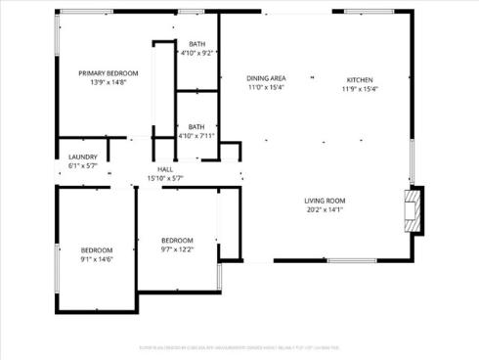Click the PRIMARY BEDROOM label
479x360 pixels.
click(x=108, y=73)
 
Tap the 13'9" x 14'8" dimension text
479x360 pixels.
click(x=108, y=82)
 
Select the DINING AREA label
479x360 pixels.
click(x=265, y=78)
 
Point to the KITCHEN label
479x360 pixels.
click(x=359, y=79)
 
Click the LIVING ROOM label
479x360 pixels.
click(x=326, y=201)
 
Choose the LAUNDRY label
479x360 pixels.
click(x=82, y=157)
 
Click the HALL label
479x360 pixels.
click(x=164, y=169)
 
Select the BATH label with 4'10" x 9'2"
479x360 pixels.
click(x=197, y=44)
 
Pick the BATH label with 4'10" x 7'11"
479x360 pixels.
click(x=196, y=126)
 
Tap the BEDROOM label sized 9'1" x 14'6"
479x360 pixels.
click(x=96, y=249)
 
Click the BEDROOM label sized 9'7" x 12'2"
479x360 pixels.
click(x=177, y=241)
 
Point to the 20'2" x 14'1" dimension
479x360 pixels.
click(x=326, y=209)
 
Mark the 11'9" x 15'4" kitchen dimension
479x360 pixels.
click(x=359, y=88)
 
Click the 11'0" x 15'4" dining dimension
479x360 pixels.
click(x=265, y=87)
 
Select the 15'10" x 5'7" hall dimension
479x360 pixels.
click(x=164, y=178)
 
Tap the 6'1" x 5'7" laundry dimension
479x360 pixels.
click(x=82, y=165)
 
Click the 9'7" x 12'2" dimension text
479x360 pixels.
click(x=177, y=249)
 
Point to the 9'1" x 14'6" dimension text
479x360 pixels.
click(x=96, y=258)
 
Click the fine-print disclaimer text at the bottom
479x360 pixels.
click(x=239, y=346)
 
